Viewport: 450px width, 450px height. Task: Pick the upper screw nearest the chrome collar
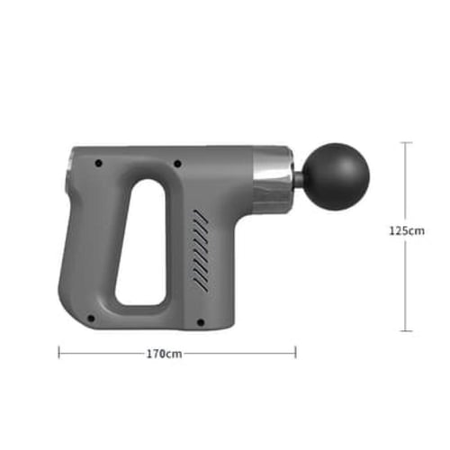[x=177, y=164]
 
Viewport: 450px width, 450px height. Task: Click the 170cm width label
[x=164, y=354]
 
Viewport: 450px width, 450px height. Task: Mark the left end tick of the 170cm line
[x=59, y=353]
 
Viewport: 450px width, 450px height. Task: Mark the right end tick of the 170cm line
[x=295, y=353]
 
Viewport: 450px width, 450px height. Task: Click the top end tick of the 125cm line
[x=408, y=141]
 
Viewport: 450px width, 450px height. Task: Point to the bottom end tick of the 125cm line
[x=408, y=331]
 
